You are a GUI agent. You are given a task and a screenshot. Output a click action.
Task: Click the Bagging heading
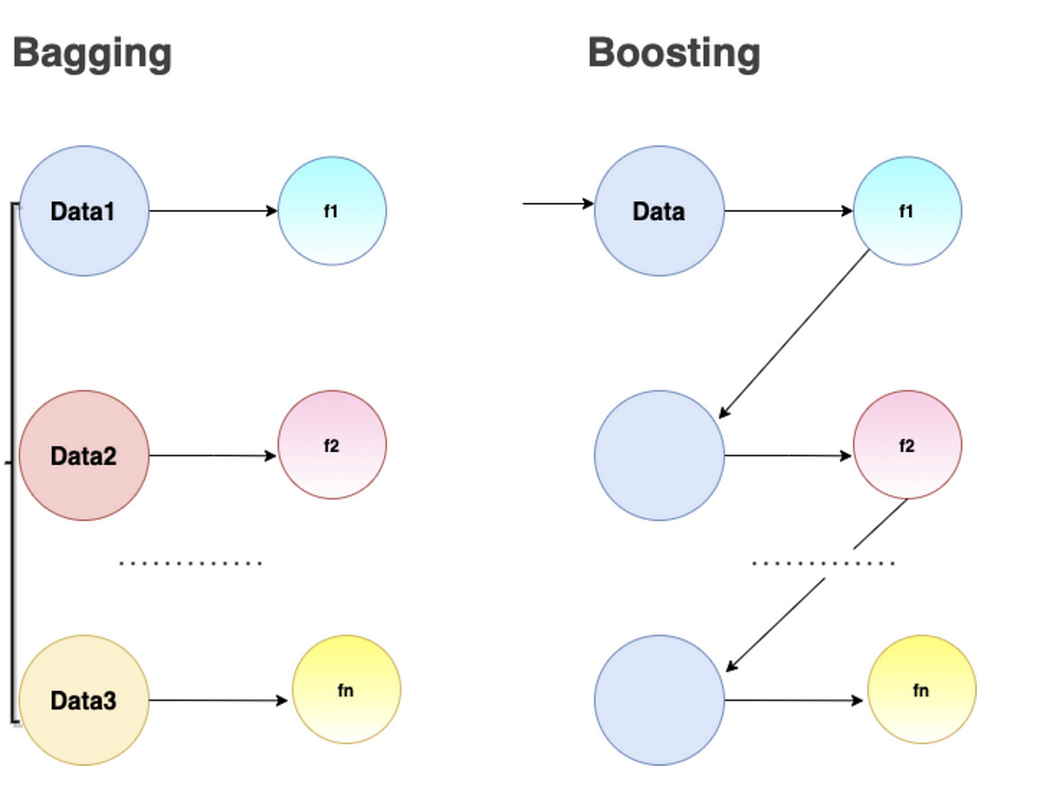pos(92,54)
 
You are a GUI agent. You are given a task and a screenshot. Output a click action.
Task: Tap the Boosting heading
pos(673,54)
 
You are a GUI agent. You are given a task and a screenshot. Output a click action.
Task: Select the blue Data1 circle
pos(84,211)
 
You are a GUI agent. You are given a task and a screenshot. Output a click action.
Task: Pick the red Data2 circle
pos(84,455)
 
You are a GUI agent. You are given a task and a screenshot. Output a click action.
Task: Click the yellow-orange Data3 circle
pos(84,700)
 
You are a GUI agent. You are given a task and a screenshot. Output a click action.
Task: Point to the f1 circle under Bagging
pos(332,211)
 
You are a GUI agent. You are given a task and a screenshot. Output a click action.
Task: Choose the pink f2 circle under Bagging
pos(332,445)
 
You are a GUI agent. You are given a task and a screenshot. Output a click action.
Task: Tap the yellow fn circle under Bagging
pos(347,689)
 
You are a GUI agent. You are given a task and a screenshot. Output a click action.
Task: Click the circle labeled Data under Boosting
pos(659,211)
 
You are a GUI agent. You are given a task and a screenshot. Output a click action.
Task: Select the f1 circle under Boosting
pos(907,211)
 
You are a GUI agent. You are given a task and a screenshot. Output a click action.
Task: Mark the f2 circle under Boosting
pos(907,445)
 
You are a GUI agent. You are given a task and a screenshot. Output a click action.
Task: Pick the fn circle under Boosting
pos(921,689)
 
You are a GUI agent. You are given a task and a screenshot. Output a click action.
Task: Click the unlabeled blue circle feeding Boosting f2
pos(659,455)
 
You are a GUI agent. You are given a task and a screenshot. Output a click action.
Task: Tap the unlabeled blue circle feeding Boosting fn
pos(659,700)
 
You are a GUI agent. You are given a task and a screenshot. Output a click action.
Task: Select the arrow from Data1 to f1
pos(213,211)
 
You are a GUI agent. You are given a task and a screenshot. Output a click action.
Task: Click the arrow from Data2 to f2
pos(213,455)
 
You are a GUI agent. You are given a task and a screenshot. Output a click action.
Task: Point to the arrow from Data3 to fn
pos(218,700)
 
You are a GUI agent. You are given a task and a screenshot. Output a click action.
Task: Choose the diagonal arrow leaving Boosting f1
pos(795,334)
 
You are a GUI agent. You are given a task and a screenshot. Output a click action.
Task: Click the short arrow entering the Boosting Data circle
pos(558,205)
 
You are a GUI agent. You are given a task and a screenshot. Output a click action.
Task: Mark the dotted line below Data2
pos(190,564)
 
